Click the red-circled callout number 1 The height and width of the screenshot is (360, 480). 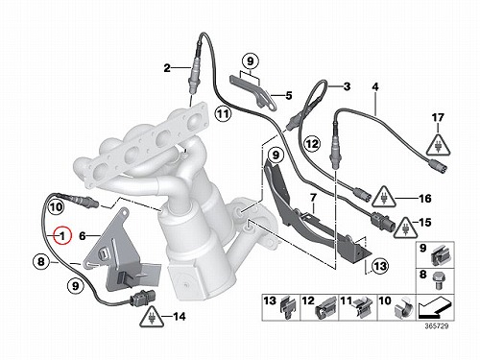62,236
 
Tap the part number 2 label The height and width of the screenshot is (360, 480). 167,68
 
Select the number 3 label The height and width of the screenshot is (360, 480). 347,86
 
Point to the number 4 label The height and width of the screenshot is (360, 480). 375,86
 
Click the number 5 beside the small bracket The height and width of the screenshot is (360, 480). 289,95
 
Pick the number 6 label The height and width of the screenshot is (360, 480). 83,236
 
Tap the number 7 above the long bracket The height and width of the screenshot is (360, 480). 313,198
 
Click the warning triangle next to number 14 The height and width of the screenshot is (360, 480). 152,317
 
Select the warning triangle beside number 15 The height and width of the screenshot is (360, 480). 406,227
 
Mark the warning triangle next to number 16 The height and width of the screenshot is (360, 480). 384,196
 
